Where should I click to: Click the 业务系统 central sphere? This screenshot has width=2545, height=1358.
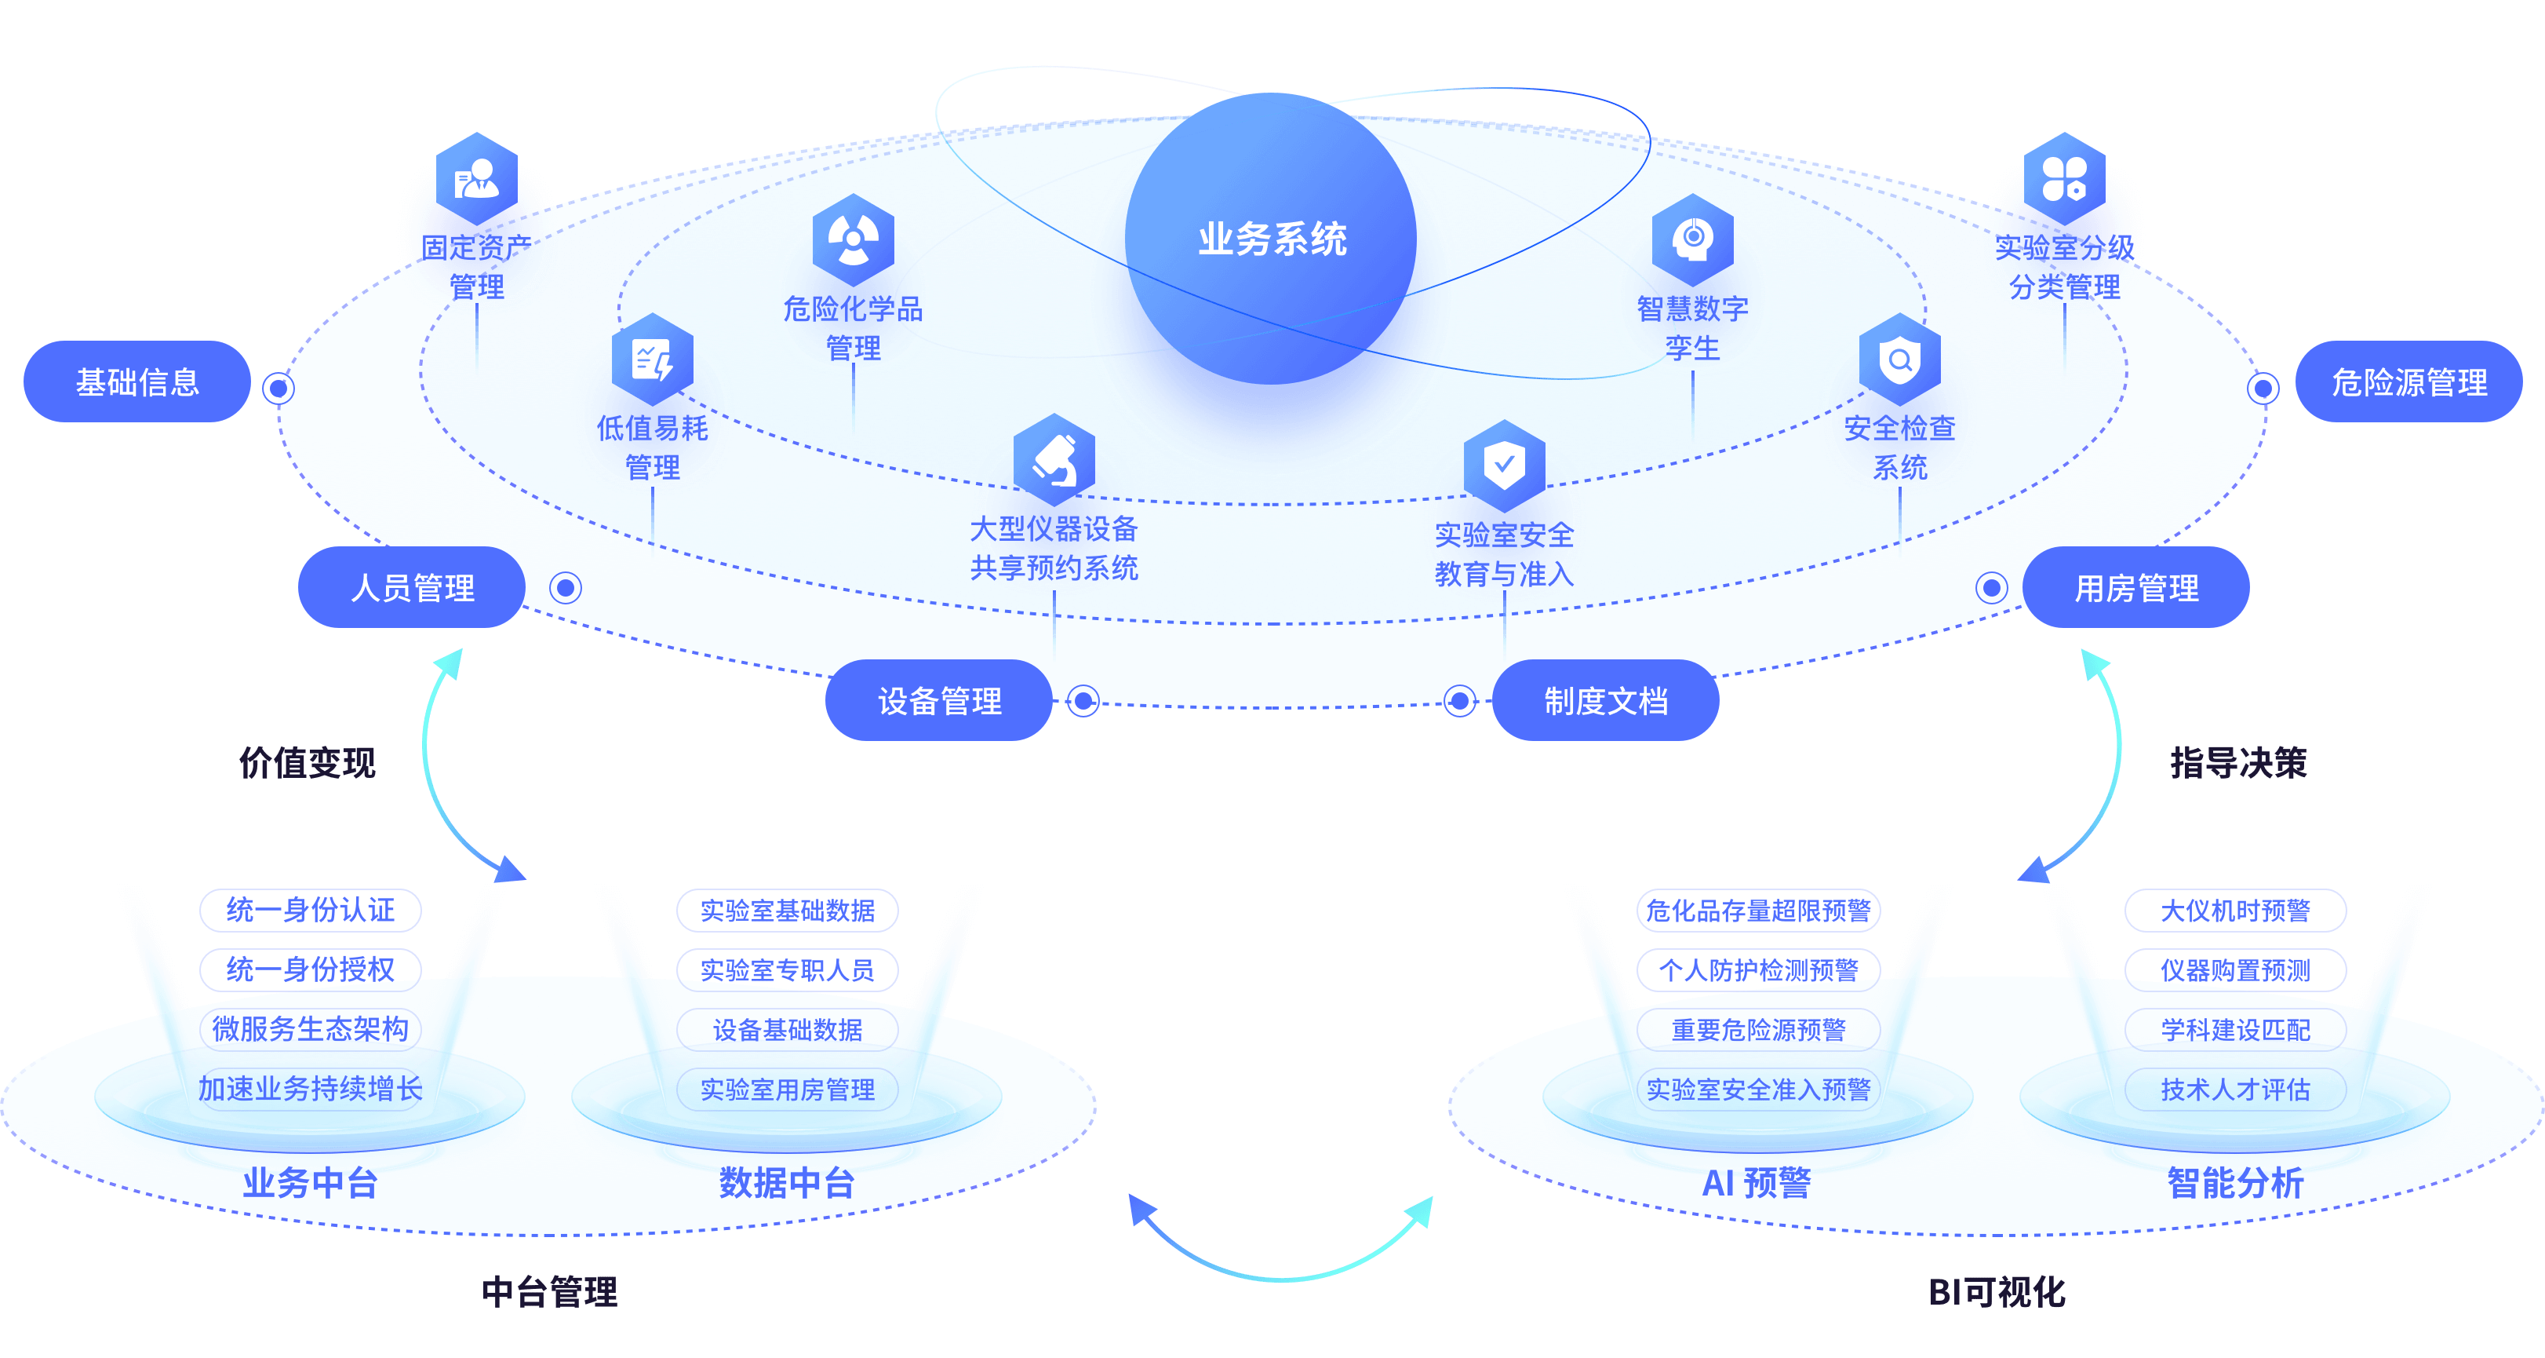click(1272, 239)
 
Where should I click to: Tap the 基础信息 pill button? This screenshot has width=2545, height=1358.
click(137, 382)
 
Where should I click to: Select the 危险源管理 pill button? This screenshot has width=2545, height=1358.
click(2408, 382)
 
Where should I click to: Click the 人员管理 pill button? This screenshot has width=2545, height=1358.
click(412, 588)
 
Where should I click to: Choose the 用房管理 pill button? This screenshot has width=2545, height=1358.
click(2136, 588)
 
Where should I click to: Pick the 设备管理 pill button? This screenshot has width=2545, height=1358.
click(938, 701)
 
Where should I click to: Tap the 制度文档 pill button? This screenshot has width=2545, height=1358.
click(1605, 701)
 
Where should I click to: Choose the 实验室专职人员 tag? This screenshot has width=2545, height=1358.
click(788, 970)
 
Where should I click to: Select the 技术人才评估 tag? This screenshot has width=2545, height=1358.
click(2235, 1090)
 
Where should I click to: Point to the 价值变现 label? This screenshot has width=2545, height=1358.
click(308, 762)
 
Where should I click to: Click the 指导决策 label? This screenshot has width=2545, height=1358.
click(2237, 762)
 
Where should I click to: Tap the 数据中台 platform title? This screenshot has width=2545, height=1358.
click(786, 1182)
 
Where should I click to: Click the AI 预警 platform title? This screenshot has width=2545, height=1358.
click(1757, 1182)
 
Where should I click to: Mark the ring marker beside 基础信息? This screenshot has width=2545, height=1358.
click(279, 389)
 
